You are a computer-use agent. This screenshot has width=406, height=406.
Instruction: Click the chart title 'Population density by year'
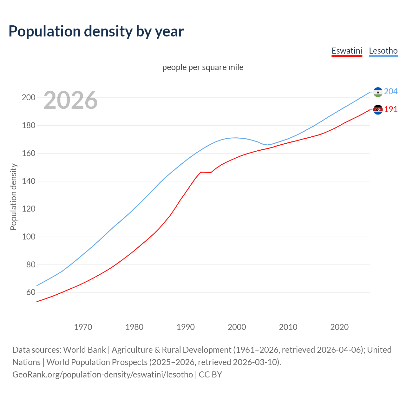click(96, 31)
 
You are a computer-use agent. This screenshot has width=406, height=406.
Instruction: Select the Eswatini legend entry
click(347, 51)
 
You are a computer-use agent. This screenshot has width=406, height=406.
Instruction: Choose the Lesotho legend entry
click(383, 51)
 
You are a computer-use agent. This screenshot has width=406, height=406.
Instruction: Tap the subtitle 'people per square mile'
click(203, 68)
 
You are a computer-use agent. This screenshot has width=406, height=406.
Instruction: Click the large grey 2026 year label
click(70, 100)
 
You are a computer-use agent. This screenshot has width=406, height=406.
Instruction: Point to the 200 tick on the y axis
click(28, 97)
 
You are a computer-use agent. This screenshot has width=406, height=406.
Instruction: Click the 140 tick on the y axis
click(28, 181)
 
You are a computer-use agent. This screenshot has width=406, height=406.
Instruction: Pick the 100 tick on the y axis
click(28, 237)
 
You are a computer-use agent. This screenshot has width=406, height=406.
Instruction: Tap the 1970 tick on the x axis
click(83, 327)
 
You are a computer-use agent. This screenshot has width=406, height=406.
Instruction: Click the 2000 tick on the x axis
click(237, 327)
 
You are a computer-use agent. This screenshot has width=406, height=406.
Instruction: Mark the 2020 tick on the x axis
click(339, 327)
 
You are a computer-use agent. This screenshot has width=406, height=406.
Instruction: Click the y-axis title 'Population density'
click(13, 197)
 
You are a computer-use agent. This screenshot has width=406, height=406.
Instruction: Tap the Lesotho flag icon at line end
click(378, 92)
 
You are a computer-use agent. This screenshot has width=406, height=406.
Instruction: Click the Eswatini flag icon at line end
click(378, 110)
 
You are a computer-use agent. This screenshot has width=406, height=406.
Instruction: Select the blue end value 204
click(391, 92)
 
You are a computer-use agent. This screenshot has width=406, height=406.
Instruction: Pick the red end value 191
click(391, 109)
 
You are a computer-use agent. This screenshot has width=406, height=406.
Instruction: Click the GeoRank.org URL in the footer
click(102, 375)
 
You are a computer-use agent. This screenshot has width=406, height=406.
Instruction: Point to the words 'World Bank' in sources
click(84, 350)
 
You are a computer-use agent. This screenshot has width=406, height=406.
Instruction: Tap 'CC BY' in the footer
click(210, 375)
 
